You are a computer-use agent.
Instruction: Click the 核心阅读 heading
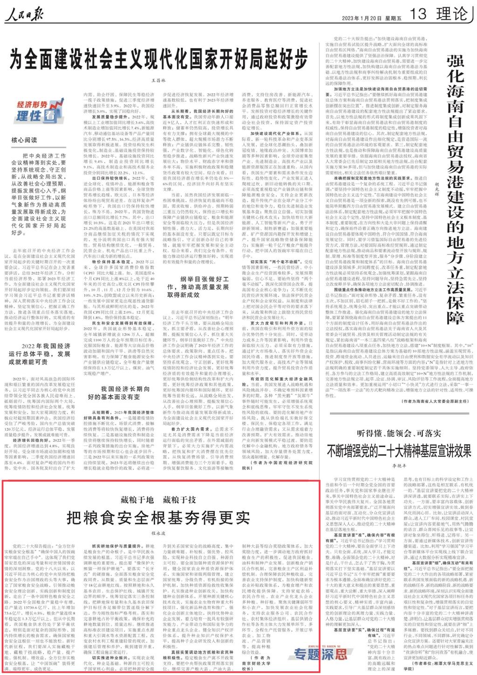click(x=24, y=139)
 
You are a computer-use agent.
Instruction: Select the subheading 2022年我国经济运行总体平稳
click(x=40, y=354)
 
